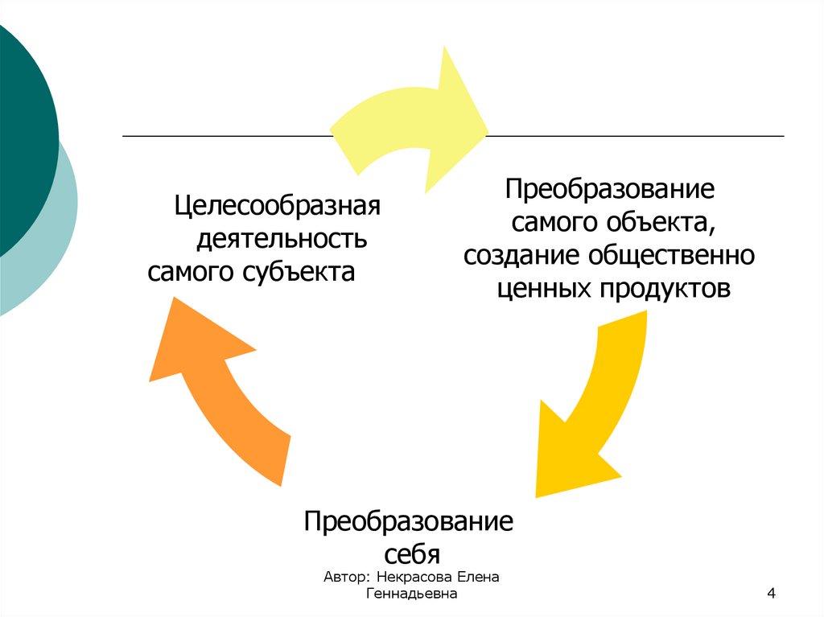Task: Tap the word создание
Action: (x=522, y=255)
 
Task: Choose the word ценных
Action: (x=542, y=288)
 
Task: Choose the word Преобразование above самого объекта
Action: (x=610, y=191)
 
